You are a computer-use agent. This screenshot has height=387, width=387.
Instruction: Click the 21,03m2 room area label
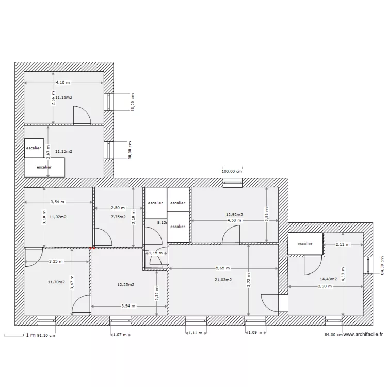pos(224,280)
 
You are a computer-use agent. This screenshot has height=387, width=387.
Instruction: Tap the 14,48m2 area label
pos(328,279)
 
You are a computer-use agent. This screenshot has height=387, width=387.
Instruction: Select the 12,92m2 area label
pos(234,214)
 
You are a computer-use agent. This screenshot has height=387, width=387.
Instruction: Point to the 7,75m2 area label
pos(118,217)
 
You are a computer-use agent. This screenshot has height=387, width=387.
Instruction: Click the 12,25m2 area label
pos(126,284)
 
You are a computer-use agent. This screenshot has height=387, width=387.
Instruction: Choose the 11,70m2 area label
pos(56,282)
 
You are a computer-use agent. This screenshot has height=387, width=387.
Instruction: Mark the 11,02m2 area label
pos(58,217)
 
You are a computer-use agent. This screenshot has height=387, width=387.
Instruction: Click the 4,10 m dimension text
pos(63,82)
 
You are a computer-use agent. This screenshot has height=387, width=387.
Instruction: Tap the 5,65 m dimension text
pos(223,268)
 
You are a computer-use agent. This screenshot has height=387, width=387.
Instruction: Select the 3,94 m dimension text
pos(129,306)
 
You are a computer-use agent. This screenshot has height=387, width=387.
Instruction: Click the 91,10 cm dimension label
pos(46,335)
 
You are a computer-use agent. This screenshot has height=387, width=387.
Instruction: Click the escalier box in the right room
pos(305,244)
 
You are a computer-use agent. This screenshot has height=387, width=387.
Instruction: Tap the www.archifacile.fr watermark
pos(363,334)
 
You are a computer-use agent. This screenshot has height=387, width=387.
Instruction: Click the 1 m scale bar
pos(15,335)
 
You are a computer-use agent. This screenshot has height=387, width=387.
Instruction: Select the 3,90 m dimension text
pos(325,286)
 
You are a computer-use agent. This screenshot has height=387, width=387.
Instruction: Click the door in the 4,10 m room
pos(82,116)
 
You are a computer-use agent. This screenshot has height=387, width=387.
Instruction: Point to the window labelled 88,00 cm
pos(109,102)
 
